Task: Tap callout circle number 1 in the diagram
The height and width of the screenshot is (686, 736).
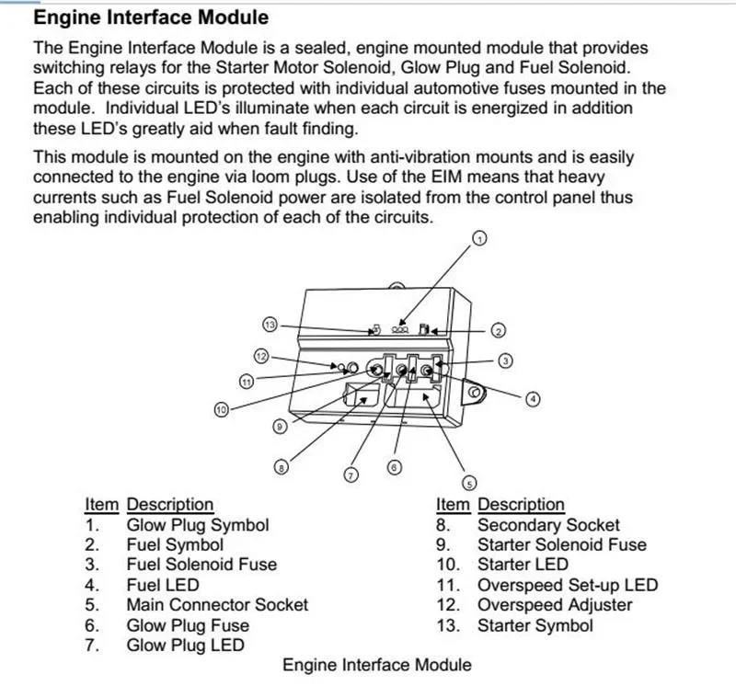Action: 478,239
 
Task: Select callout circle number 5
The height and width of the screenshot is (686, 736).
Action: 468,483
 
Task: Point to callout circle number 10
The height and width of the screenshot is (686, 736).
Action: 221,410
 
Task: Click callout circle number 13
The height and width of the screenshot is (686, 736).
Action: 270,325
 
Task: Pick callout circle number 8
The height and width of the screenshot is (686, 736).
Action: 282,468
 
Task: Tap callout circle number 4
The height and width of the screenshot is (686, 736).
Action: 533,399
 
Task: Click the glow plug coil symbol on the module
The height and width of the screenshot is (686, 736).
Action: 400,328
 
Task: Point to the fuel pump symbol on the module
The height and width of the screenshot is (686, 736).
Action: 424,328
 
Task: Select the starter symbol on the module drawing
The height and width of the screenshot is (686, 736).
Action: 375,328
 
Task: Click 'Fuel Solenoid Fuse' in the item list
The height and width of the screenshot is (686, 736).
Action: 201,565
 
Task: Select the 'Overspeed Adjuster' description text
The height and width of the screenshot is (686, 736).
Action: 554,605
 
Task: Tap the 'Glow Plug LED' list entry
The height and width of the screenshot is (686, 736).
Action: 185,646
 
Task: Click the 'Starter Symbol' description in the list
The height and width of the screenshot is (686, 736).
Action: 535,625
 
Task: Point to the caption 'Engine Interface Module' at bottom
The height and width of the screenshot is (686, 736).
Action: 376,665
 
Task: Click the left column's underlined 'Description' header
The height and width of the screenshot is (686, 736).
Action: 169,505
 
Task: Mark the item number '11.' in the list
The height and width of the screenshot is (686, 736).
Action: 447,585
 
